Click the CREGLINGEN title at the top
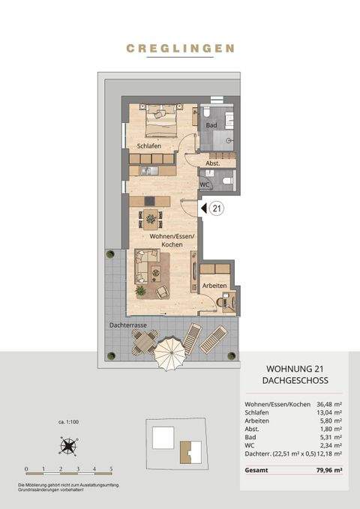coord(180,48)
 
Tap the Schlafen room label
coord(149,145)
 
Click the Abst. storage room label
coord(212,163)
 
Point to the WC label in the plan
coord(204,184)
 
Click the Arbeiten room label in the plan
coord(214,286)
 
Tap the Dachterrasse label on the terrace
coord(126,325)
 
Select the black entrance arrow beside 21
coord(201,208)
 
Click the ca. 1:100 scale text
coord(68,422)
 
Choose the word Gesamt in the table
coord(257,470)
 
